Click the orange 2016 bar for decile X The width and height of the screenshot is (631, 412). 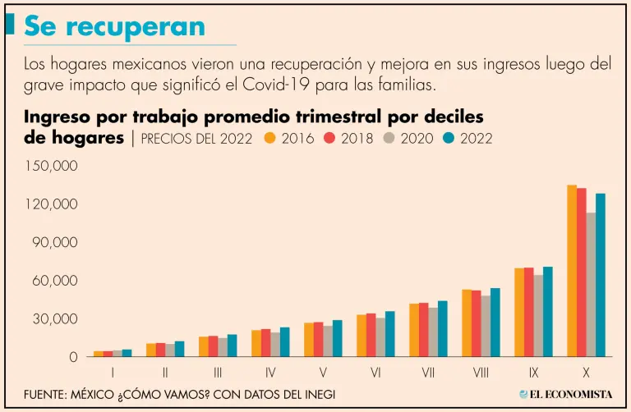click(572, 271)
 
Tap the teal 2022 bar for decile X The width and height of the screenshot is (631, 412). click(601, 275)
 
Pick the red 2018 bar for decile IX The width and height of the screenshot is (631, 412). click(528, 312)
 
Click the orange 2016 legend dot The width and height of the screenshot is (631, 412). click(269, 138)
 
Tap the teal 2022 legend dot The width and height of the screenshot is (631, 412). click(449, 138)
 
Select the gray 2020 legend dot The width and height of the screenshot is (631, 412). click(389, 138)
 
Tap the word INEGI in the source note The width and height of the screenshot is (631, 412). click(314, 394)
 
